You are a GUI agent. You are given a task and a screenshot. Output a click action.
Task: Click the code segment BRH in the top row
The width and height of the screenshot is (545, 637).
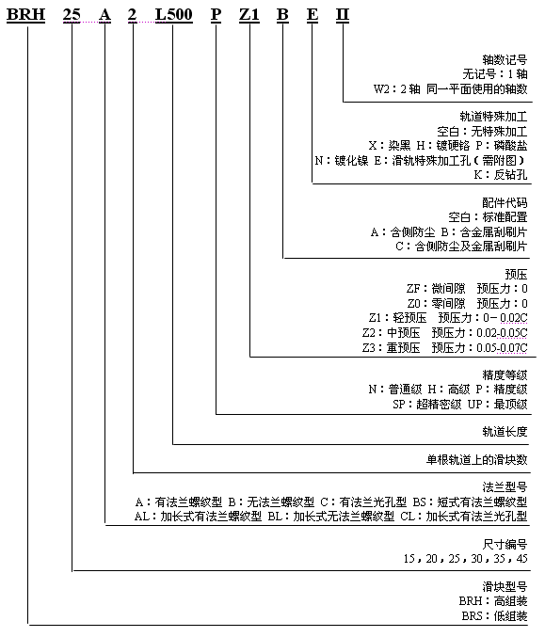26,15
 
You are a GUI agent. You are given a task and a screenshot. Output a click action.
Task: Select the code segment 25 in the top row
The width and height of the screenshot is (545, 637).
72,15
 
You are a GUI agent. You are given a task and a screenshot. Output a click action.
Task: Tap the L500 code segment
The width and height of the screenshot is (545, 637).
174,15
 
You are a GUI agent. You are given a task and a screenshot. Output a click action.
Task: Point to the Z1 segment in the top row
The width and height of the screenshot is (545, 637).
249,15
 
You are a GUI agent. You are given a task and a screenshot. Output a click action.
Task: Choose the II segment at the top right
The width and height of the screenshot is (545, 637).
343,15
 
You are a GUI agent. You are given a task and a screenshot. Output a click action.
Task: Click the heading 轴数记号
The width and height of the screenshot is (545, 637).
505,59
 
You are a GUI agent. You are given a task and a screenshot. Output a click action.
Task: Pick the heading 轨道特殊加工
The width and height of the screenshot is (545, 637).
493,117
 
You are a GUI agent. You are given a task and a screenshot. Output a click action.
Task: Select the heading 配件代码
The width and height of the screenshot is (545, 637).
505,202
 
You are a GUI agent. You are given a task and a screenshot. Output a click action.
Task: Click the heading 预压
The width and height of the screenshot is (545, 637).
516,274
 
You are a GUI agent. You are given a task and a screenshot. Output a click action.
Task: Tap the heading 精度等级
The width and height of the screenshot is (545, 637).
505,374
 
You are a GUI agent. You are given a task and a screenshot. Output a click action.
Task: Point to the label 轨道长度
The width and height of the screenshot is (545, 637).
505,432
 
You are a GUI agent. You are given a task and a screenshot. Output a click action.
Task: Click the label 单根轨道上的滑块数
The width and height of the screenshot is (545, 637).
476,460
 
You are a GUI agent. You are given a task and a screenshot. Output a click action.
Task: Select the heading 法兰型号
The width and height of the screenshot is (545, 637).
505,486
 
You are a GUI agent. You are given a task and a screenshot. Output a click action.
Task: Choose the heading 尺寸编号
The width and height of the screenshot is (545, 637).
505,544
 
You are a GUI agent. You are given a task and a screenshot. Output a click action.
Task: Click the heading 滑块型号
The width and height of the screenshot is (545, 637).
505,586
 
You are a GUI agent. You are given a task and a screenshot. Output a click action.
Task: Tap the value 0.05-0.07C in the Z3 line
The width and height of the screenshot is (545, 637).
502,348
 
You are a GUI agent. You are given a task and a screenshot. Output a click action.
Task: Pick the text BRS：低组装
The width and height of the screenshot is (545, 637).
494,616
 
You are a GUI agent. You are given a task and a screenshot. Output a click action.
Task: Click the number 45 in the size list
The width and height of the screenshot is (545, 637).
521,559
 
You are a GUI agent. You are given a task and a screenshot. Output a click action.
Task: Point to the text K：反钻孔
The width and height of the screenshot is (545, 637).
501,175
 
